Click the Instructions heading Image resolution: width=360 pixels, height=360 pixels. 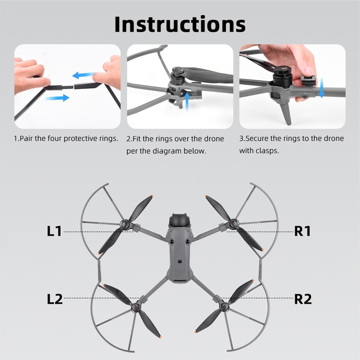(180, 24)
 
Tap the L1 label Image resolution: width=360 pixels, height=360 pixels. (54, 231)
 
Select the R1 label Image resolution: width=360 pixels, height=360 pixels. (302, 231)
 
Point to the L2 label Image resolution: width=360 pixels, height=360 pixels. (55, 299)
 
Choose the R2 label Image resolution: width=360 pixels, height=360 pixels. (303, 299)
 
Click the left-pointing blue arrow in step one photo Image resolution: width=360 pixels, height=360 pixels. (83, 75)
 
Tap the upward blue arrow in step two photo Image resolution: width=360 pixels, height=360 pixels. (187, 101)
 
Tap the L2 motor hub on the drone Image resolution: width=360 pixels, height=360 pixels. (136, 307)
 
